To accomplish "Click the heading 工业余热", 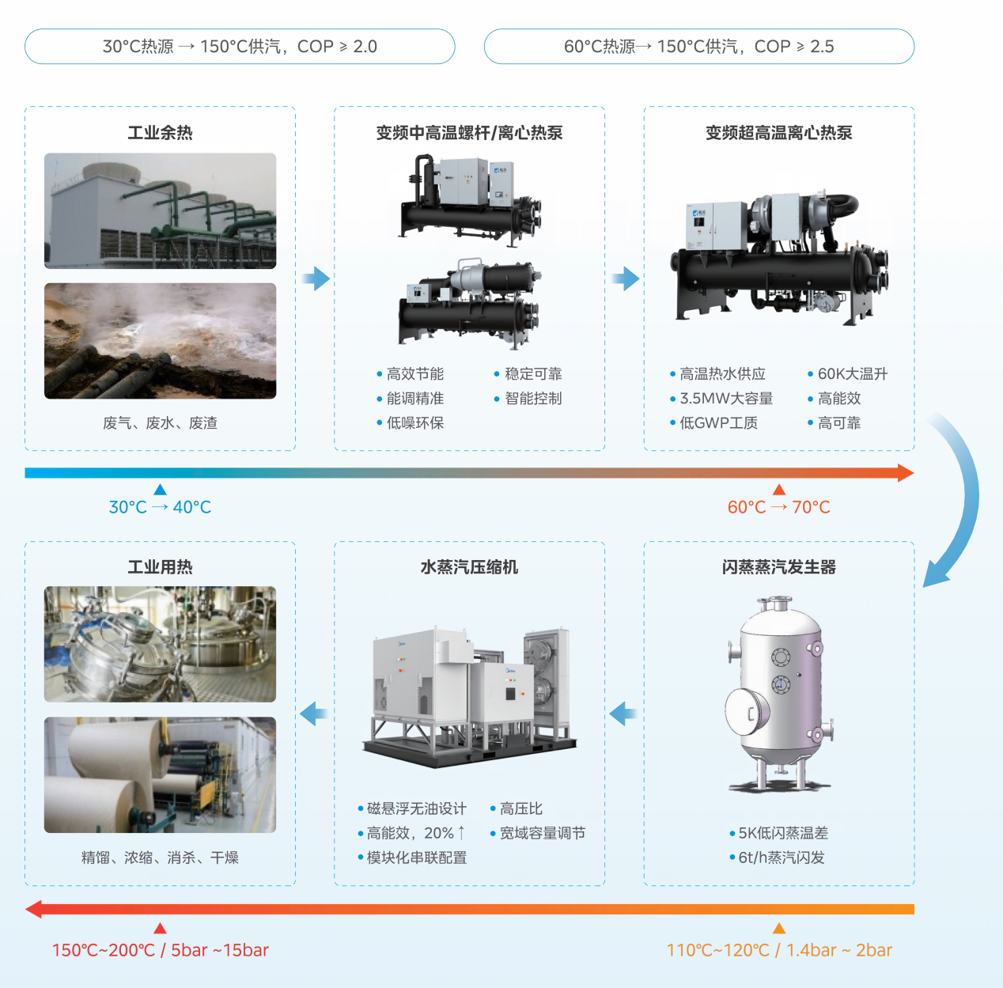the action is (160, 133).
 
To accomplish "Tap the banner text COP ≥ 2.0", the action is (337, 47).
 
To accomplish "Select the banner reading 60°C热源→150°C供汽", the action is (651, 47).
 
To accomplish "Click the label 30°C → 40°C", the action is (160, 507).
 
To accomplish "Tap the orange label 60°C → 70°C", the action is (778, 507).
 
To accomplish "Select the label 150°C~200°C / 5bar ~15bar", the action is (161, 950).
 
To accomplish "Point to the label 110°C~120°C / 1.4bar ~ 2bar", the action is (779, 950).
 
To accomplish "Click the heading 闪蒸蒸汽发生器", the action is (778, 567).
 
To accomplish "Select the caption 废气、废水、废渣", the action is (160, 423).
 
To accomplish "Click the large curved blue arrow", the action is (966, 494).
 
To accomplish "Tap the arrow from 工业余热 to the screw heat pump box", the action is (316, 278).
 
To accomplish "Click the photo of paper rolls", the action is (160, 774).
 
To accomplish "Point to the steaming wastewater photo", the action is (160, 341).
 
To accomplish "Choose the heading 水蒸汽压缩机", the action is (469, 567).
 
